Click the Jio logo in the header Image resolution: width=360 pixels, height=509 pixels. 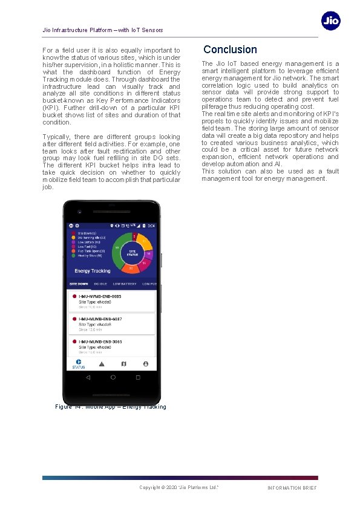click(x=330, y=21)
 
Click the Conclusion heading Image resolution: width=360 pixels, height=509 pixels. click(x=230, y=50)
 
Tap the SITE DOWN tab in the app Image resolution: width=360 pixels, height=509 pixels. click(x=79, y=284)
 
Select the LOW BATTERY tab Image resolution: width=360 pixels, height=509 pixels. click(x=124, y=284)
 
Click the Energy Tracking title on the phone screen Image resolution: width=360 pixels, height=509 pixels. click(x=93, y=271)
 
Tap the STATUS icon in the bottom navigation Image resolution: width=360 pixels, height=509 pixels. click(x=79, y=364)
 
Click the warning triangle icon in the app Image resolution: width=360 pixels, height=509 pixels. click(x=102, y=364)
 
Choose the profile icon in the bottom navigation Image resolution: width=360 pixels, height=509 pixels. click(x=146, y=364)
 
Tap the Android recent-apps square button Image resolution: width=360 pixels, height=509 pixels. click(x=137, y=377)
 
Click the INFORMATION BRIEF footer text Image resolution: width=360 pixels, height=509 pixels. click(x=292, y=488)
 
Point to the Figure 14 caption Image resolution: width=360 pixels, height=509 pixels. click(x=110, y=407)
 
